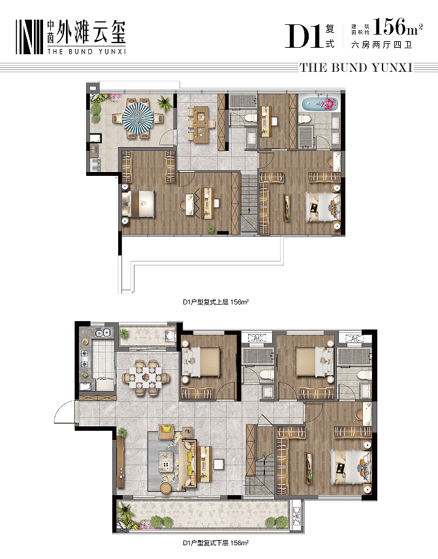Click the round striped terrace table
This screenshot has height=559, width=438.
coord(138,118)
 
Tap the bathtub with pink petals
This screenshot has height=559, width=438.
coord(319,104)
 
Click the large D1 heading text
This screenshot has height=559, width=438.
coord(302,36)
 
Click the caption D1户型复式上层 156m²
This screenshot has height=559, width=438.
coord(215,302)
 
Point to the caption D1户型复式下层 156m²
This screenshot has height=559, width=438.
coord(215,543)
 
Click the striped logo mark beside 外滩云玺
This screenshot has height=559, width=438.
coord(29,37)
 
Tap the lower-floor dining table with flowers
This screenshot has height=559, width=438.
coord(146,377)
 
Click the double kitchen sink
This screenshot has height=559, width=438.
coord(102,333)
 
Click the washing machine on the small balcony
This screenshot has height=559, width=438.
coord(170,336)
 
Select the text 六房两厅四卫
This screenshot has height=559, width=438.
coord(381,45)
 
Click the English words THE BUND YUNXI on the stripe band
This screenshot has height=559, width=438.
coord(356,67)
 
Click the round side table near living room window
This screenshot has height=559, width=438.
coord(166,488)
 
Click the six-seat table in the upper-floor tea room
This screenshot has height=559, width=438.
coord(202,124)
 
